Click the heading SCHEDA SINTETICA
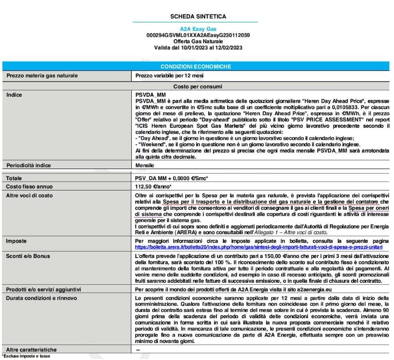[198, 17]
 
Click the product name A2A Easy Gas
[198, 29]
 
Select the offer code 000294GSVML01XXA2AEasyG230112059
[198, 35]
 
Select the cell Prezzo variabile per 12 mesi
[169, 76]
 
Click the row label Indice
[15, 94]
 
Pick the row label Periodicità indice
[30, 165]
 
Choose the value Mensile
[145, 165]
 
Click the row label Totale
[15, 178]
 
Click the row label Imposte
[17, 241]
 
